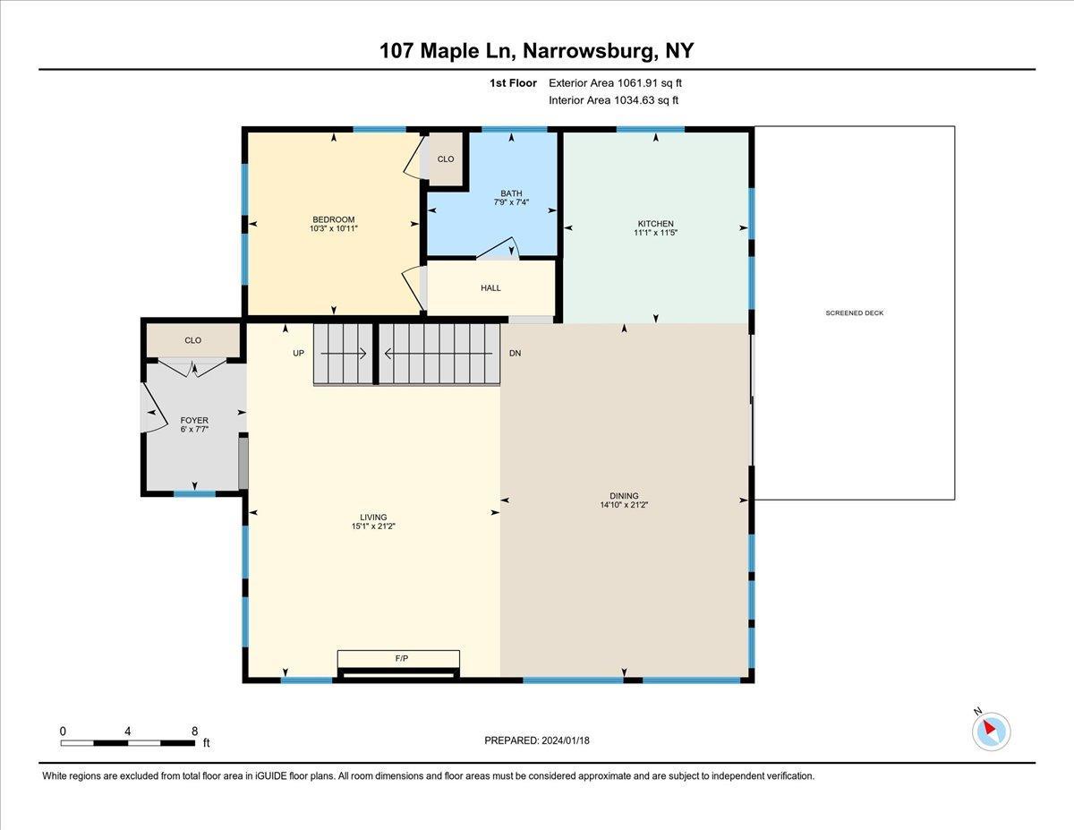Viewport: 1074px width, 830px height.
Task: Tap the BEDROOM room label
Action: coord(333,220)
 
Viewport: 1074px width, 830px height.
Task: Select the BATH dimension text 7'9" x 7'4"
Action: coord(511,203)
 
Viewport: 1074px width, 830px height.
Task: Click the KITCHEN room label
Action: coord(655,224)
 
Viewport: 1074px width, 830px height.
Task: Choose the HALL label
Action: coord(490,288)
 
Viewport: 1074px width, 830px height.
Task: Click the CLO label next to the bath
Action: coord(445,159)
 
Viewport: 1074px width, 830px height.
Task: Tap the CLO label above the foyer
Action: coord(192,340)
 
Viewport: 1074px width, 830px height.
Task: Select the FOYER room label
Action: coord(194,420)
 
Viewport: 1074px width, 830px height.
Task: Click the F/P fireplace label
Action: coord(401,659)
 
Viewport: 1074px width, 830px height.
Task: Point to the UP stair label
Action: coord(299,354)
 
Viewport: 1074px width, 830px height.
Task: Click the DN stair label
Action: coord(515,354)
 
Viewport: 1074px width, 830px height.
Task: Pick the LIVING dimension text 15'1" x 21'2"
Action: coord(373,526)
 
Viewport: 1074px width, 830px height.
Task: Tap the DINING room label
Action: coord(624,495)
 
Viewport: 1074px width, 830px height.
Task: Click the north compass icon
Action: coord(991,731)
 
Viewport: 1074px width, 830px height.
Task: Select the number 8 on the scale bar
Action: coord(194,732)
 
